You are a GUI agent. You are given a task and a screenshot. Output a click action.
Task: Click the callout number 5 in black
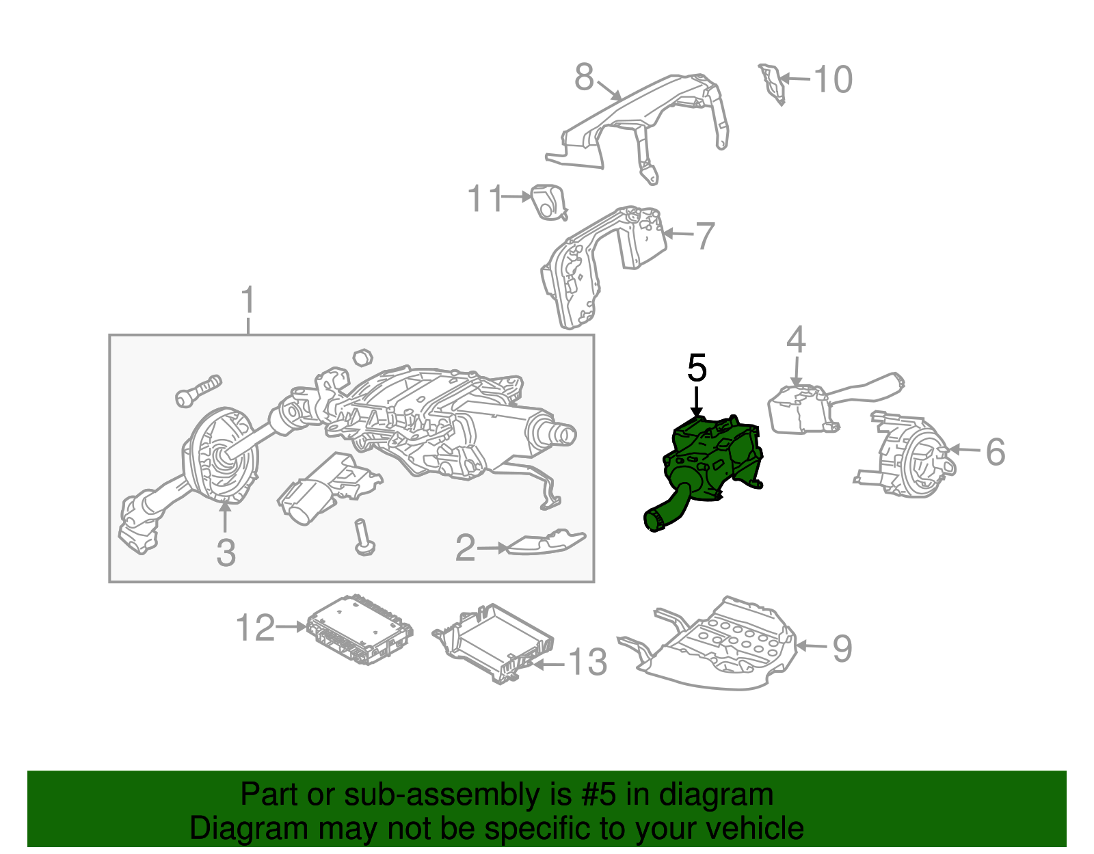coord(697,369)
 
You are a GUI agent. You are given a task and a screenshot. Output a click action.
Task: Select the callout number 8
coord(584,77)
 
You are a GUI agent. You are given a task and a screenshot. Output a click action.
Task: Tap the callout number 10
coord(833,79)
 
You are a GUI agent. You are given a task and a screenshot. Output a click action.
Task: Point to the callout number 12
coord(255,628)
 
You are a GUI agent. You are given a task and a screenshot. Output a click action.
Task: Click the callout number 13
coord(588,662)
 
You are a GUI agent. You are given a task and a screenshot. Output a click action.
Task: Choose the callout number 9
coord(842,649)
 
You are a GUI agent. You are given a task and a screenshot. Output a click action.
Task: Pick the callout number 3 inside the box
coord(226,552)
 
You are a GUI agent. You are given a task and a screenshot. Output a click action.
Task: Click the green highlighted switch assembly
coord(705,468)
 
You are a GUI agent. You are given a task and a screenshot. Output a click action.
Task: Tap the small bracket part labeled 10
coord(771,83)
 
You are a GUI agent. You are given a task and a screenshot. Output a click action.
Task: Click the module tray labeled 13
coord(494,643)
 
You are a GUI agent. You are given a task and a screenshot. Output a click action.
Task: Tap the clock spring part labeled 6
coord(906,455)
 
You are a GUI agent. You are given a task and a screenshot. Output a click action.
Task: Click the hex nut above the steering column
coord(362,358)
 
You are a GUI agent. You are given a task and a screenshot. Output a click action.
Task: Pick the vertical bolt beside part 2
coord(364,537)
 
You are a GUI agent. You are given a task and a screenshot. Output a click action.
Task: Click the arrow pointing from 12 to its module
coord(291,626)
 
